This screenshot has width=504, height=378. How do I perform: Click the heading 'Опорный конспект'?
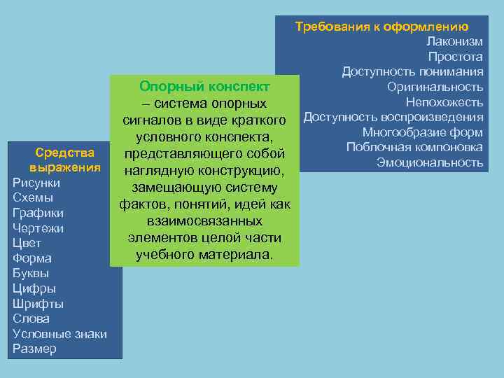(204, 87)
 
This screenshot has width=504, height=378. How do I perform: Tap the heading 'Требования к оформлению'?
(381, 27)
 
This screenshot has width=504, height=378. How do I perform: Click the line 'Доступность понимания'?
(412, 72)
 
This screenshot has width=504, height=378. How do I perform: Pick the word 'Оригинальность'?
(435, 87)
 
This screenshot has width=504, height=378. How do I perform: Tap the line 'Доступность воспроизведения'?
(393, 117)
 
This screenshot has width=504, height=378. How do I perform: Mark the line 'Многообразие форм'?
(423, 132)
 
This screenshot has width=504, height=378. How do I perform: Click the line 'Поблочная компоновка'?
(414, 147)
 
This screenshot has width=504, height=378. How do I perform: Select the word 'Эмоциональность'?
(430, 162)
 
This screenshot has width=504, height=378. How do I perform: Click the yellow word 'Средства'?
(65, 153)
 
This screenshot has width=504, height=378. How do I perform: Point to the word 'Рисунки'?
(36, 183)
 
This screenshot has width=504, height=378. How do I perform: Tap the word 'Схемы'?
(33, 197)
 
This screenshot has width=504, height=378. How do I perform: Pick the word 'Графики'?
(38, 213)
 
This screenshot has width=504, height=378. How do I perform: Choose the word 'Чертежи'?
(38, 228)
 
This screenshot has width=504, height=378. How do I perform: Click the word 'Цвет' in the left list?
(27, 244)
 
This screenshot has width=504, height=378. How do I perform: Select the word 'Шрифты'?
(38, 304)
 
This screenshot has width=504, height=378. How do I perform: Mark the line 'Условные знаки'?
(60, 334)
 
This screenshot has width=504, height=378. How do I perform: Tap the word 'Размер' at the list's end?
(35, 349)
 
